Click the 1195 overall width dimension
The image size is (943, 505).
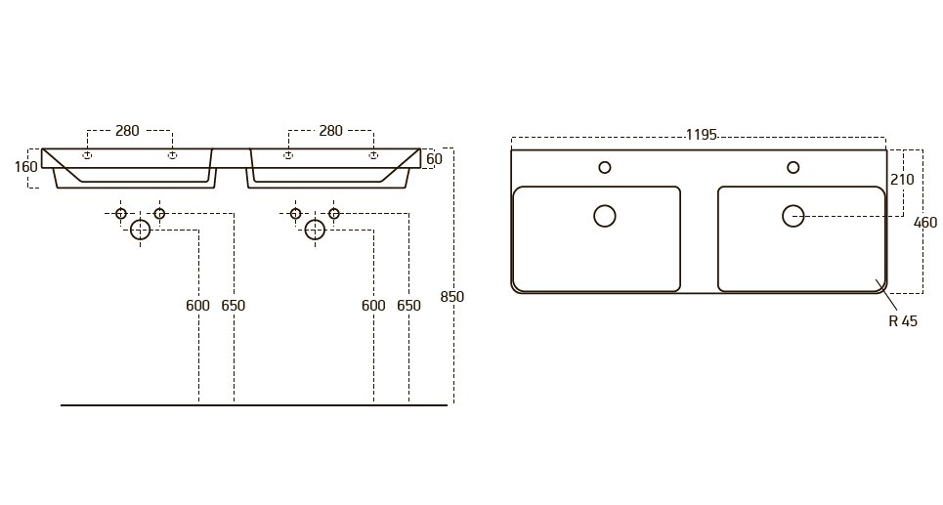tap(702, 135)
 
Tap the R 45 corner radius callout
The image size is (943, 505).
tap(903, 321)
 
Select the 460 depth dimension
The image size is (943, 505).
tap(925, 223)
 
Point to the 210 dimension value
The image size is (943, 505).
tap(902, 179)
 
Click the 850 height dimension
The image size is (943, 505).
tap(452, 296)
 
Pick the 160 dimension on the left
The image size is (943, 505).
tap(25, 166)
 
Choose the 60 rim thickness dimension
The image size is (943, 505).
tap(434, 158)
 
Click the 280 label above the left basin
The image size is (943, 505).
tap(127, 131)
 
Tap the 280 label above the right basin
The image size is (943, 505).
tap(330, 131)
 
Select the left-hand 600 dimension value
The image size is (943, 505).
tap(197, 306)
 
